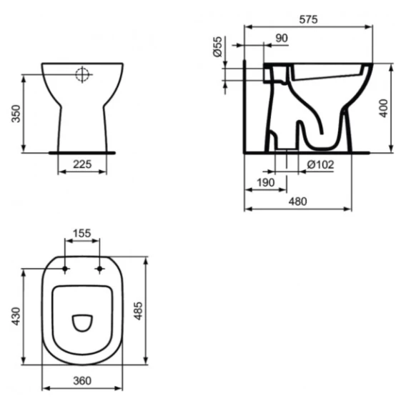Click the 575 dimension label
coord(308,19)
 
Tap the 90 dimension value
coord(282,39)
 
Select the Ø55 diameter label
coord(218,46)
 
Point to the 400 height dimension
coord(384,108)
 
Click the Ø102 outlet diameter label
coord(320,164)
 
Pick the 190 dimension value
coord(265,183)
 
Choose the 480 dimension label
coord(298,202)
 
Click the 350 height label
coord(16,114)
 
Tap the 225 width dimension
coord(82,164)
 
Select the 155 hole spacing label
coord(82,233)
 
